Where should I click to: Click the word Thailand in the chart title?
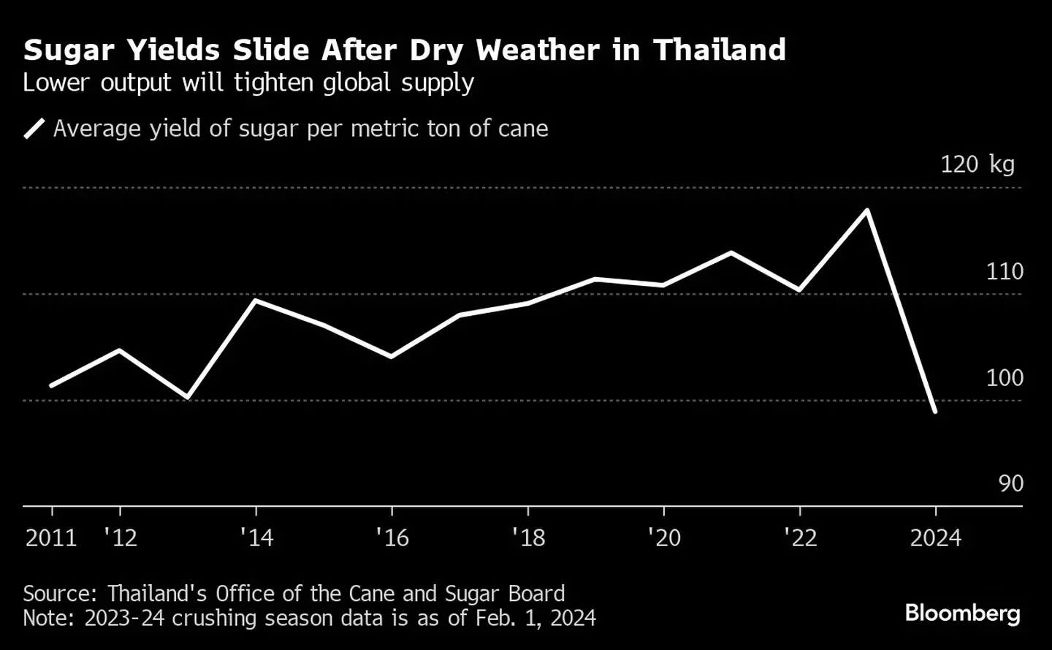[719, 50]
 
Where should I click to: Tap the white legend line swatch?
[34, 129]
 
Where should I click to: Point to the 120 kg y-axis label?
[977, 164]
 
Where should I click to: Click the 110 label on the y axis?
[1005, 271]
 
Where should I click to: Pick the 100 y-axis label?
[1005, 377]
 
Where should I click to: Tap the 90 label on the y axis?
[1010, 483]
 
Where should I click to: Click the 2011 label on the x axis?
[51, 538]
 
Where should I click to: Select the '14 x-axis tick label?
[256, 538]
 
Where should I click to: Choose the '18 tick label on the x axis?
[528, 538]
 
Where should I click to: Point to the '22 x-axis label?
[800, 538]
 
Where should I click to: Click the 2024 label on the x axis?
[935, 538]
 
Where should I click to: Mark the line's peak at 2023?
[867, 211]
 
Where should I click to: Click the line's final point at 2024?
[935, 412]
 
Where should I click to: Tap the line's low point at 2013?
[188, 397]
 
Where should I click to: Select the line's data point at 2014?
[256, 300]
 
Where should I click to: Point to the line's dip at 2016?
[392, 357]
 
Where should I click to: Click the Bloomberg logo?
[962, 613]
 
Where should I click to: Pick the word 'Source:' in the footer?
[61, 593]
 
